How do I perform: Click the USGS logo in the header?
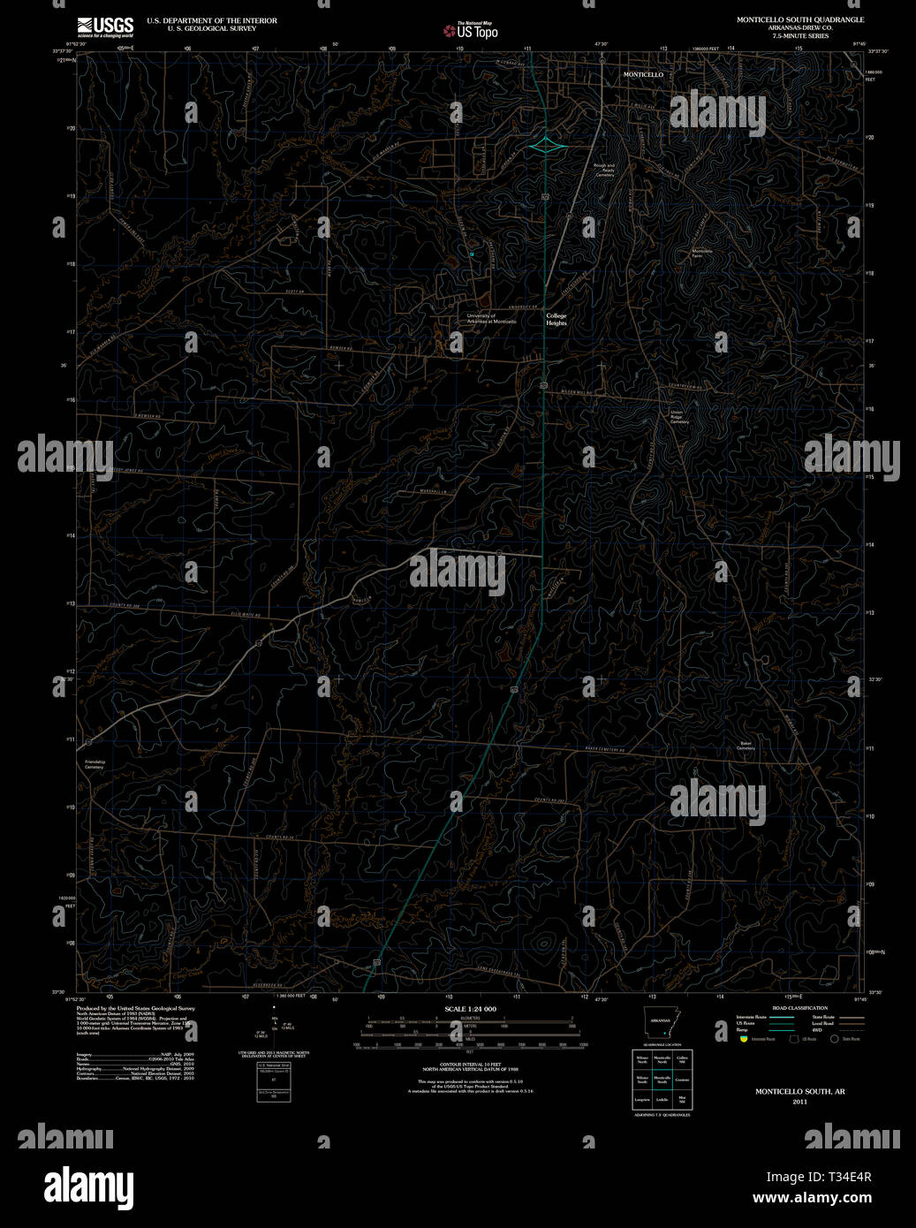pos(105,25)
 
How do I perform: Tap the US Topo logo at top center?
pos(471,31)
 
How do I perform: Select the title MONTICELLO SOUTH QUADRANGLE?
pos(800,19)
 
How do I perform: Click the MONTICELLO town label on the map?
pos(643,75)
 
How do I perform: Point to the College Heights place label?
pos(556,319)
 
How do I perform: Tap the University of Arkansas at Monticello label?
pos(492,318)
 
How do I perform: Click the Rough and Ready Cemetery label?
pos(604,170)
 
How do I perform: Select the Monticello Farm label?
pos(702,253)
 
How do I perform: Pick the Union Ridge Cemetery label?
pos(678,417)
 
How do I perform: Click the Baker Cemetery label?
pos(746,746)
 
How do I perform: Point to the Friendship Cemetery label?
pos(95,764)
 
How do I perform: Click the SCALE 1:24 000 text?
pos(470,1009)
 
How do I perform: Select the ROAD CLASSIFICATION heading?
pos(799,1008)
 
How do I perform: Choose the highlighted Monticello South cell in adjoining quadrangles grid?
pos(662,1080)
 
